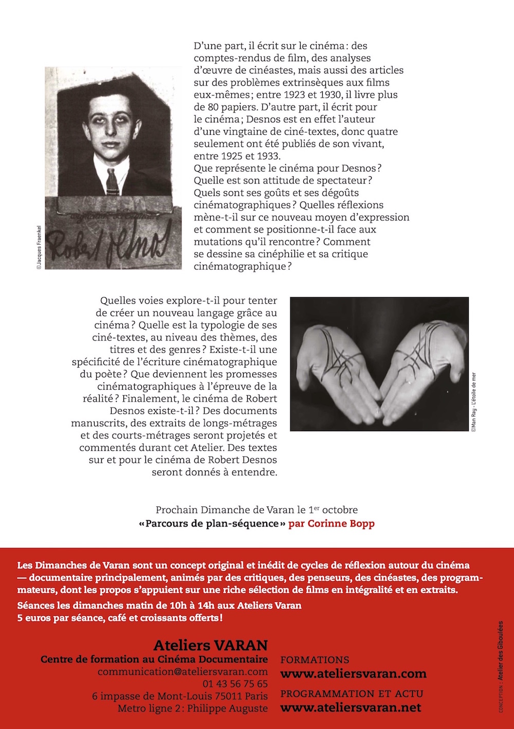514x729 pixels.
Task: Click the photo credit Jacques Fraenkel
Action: tap(39, 247)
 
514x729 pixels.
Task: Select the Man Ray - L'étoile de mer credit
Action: tap(473, 402)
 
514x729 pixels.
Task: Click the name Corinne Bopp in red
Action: tap(332, 524)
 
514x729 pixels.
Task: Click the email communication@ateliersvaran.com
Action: tap(182, 671)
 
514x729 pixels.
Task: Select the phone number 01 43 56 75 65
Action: tap(235, 684)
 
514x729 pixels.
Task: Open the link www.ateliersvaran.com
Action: tap(353, 673)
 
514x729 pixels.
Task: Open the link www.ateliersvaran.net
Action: tap(351, 707)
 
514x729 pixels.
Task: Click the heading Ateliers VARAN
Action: tap(211, 645)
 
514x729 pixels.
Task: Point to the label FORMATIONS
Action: tap(315, 660)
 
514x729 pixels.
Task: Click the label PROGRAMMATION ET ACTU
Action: tap(352, 694)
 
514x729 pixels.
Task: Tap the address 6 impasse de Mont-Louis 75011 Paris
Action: tap(180, 696)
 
